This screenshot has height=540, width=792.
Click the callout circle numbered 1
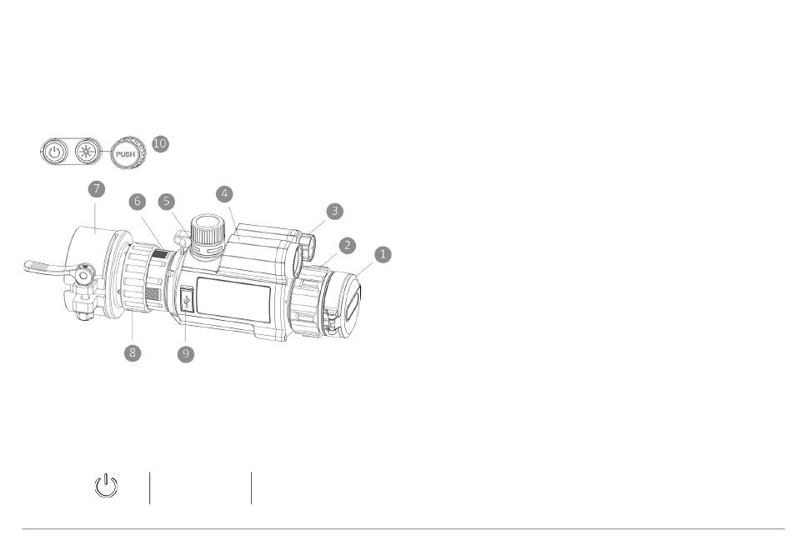click(383, 254)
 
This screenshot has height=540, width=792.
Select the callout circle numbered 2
click(347, 246)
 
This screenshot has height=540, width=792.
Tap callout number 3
click(335, 211)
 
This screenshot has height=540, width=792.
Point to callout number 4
click(225, 194)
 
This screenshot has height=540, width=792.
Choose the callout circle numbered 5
click(166, 202)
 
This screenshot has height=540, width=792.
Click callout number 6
click(137, 202)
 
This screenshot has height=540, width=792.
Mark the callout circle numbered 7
click(97, 189)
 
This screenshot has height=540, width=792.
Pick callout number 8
click(133, 352)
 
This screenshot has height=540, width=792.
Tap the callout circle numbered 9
click(186, 354)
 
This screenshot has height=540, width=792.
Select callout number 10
click(160, 143)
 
